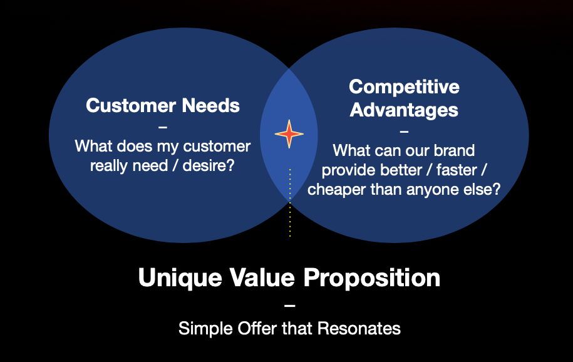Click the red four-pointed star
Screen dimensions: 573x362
(289, 134)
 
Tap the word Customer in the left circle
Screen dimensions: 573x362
(131, 105)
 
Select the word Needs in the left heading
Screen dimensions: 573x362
(211, 105)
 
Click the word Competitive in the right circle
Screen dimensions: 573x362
(404, 87)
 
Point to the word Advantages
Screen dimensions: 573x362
(404, 110)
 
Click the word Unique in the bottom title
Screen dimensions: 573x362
(180, 277)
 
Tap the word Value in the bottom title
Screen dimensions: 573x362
(262, 277)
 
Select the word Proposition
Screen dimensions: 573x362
(372, 278)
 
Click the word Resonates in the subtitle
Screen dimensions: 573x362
(359, 328)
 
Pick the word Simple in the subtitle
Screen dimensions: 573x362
(205, 329)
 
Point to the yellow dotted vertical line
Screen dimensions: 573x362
(290, 202)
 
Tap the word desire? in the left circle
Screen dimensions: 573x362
(209, 165)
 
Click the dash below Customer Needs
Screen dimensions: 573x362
(163, 127)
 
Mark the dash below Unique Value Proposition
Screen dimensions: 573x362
(289, 306)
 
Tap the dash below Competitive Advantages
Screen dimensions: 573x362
(404, 132)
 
